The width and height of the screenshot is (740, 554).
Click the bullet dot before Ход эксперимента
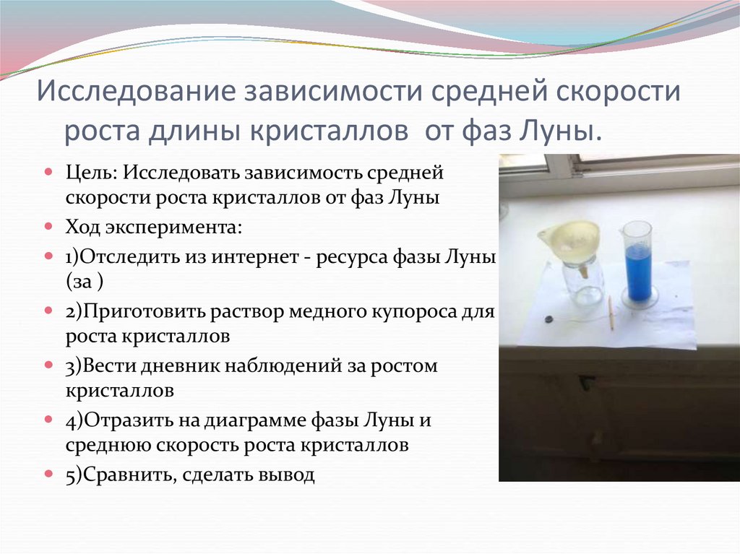pyautogui.click(x=48, y=227)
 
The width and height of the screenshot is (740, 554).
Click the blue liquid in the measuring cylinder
pyautogui.click(x=637, y=271)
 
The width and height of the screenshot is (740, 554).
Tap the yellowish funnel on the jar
pyautogui.click(x=571, y=239)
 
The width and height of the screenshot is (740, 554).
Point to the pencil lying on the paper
pyautogui.click(x=610, y=312)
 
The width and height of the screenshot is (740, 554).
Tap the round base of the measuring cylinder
pyautogui.click(x=640, y=298)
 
